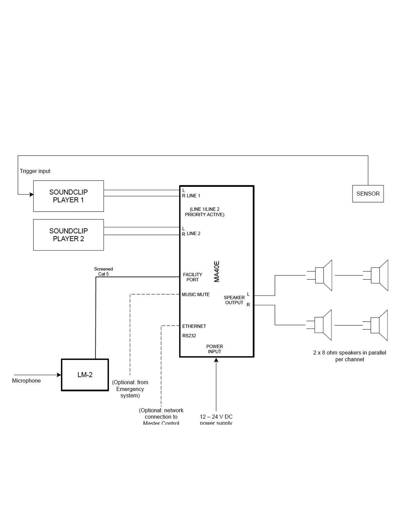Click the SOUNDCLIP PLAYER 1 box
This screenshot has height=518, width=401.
[x=69, y=196]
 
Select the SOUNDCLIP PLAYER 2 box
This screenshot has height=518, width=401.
[x=69, y=235]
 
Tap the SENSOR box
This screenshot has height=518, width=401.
[x=368, y=194]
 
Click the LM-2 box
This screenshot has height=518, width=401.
[x=85, y=375]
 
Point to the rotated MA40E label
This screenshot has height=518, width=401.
[x=217, y=271]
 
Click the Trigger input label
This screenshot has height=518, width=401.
[x=35, y=171]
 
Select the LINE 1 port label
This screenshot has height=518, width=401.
[x=193, y=196]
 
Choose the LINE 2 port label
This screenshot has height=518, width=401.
[x=193, y=234]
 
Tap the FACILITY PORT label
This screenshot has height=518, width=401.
[x=192, y=277]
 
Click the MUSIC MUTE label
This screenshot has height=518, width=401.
[x=196, y=295]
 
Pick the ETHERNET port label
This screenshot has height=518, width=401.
[x=194, y=326]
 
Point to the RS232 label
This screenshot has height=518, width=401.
[x=189, y=336]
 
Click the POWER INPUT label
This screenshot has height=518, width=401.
[x=215, y=349]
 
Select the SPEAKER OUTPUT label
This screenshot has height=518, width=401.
[x=234, y=300]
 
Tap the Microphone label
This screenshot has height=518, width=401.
[x=26, y=381]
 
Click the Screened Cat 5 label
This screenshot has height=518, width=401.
[x=104, y=271]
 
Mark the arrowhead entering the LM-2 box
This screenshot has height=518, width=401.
[x=59, y=375]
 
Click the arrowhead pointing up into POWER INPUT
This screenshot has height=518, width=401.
[x=216, y=360]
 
